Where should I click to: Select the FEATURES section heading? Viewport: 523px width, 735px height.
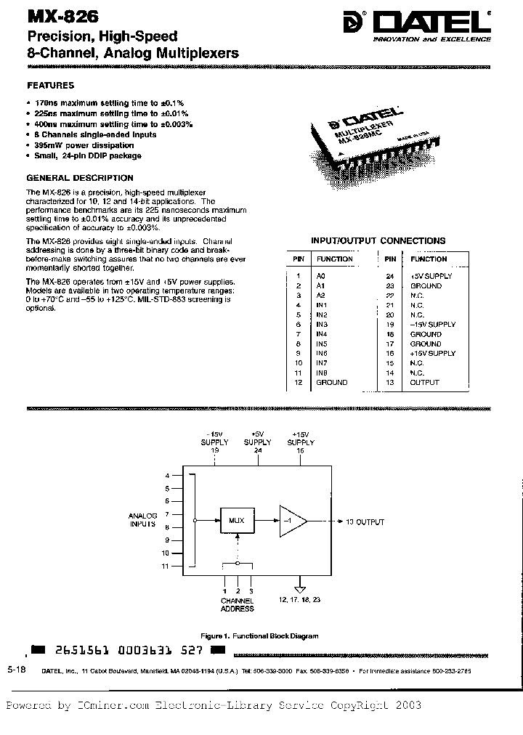point(50,85)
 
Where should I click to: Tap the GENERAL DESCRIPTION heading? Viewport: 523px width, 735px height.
point(80,177)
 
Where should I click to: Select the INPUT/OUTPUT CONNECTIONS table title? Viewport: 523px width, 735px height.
point(378,240)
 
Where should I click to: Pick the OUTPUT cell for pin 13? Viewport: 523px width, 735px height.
point(424,382)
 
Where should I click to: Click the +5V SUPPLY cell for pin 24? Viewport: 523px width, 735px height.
point(431,276)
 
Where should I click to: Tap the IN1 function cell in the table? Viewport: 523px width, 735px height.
point(323,305)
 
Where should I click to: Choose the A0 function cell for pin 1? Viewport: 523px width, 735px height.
point(321,276)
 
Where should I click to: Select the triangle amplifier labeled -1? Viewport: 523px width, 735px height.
point(291,521)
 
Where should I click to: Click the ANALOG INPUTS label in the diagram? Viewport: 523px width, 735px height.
point(143,519)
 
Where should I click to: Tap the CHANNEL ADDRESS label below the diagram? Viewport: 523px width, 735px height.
point(237,604)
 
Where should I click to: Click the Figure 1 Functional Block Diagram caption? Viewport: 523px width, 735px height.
point(261,635)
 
